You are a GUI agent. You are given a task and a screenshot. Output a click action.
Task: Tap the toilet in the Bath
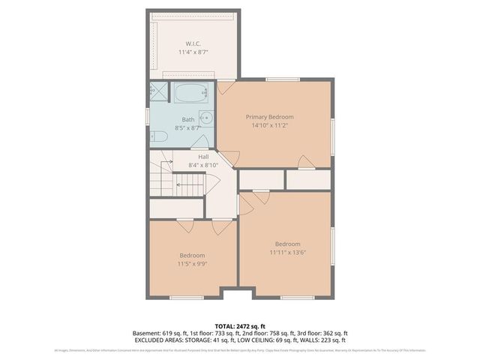click(x=159, y=136)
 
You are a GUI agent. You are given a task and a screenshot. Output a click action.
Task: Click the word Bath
click(x=188, y=120)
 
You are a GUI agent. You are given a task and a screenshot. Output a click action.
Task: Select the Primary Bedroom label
click(x=270, y=117)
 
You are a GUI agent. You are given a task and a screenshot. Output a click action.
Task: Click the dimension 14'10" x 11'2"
click(x=270, y=127)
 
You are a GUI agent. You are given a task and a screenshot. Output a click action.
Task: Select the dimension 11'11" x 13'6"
click(x=287, y=253)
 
